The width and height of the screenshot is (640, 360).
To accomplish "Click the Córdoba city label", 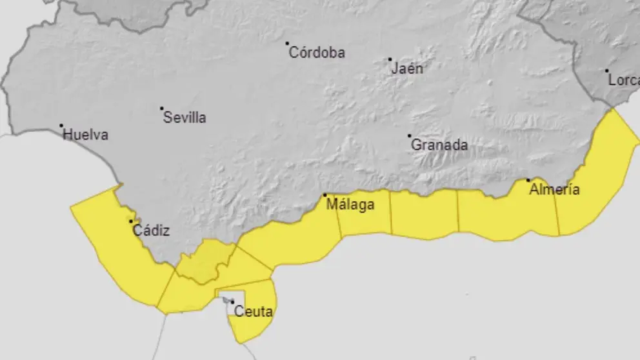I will (x=317, y=53).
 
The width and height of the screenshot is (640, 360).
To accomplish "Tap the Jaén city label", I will (x=408, y=68).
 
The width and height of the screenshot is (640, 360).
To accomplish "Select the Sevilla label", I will (x=185, y=117).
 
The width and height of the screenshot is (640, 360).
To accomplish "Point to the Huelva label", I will (x=86, y=135).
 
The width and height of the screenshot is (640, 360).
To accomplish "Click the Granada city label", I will (x=439, y=145).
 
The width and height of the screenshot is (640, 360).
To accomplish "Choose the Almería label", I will (x=554, y=190).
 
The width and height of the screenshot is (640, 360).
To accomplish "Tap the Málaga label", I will (x=350, y=205).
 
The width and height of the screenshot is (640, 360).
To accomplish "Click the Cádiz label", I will (x=151, y=230).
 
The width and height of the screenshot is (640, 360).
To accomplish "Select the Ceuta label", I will (x=254, y=312).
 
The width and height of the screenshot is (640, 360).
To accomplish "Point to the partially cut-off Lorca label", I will (x=623, y=81).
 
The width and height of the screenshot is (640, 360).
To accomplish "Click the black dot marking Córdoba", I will (x=287, y=43).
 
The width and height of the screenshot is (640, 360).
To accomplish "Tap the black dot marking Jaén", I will (x=390, y=59).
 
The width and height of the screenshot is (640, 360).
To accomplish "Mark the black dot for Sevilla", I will (x=161, y=108).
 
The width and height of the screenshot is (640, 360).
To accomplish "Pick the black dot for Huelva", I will (x=61, y=125).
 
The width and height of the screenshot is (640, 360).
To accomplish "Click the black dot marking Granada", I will (x=409, y=135).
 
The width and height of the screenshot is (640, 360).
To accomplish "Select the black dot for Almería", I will (x=528, y=180).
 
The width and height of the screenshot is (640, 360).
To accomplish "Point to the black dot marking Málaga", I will (x=325, y=195).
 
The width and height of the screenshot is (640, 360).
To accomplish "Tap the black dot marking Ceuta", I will (x=232, y=301).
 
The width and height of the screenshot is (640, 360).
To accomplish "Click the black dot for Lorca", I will (x=606, y=70).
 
